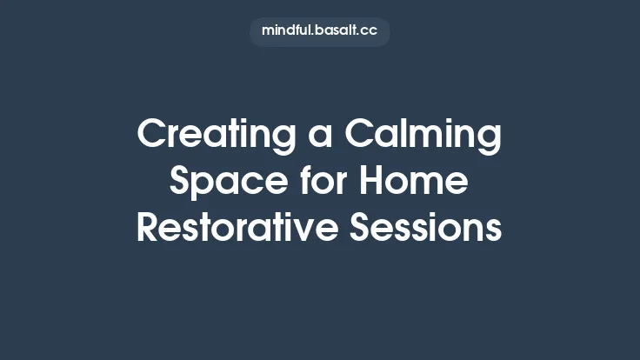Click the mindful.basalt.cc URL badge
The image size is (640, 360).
coord(319,30)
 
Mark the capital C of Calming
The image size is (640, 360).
coord(360,136)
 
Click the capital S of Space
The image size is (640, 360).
coord(180,182)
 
